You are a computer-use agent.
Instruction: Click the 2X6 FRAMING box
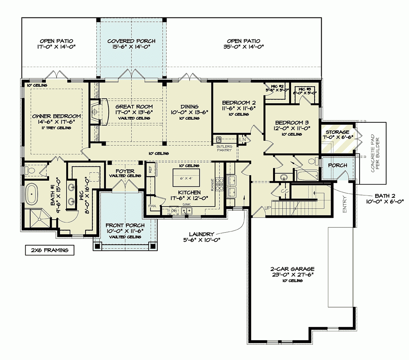(x=49, y=250)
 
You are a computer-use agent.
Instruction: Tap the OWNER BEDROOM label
(x=57, y=116)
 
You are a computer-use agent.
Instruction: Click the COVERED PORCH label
(x=131, y=41)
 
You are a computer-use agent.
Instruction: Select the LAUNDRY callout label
(x=201, y=234)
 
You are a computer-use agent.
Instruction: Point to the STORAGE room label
(x=337, y=132)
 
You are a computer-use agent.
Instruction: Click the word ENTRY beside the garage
(x=344, y=204)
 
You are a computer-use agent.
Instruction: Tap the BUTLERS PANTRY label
(x=224, y=148)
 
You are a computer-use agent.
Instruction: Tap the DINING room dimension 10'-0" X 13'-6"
(x=190, y=112)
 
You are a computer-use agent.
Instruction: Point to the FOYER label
(x=125, y=171)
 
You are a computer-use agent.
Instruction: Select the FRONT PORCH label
(x=125, y=225)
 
